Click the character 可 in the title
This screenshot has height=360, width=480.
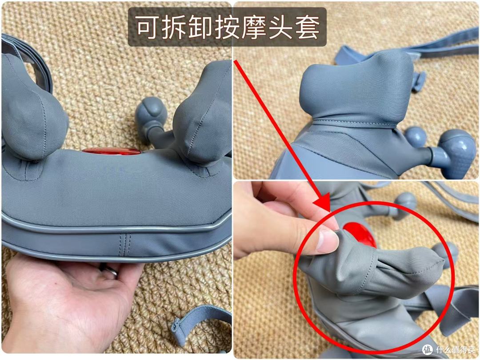click(148, 27)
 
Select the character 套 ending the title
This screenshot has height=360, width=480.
click(307, 27)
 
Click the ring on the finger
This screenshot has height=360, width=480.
click(110, 270)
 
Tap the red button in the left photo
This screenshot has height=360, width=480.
click(111, 151)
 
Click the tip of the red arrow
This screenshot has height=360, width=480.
click(329, 212)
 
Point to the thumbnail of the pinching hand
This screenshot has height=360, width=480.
click(327, 241)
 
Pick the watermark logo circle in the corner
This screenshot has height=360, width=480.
click(428, 349)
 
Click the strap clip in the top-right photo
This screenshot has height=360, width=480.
click(419, 81)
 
